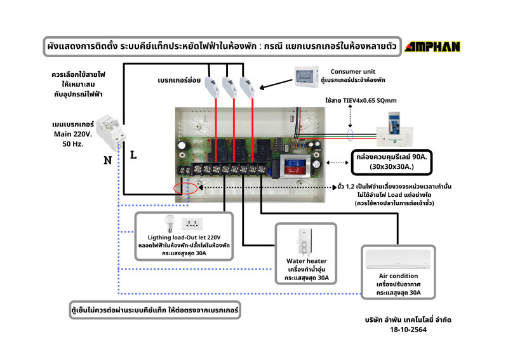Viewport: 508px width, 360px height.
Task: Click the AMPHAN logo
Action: (x=433, y=46)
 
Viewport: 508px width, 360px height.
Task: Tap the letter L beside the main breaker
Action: (x=133, y=154)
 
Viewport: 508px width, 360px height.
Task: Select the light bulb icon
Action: (x=169, y=222)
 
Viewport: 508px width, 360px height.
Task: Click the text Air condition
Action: (x=398, y=276)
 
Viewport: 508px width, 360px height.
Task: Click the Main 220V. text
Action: (x=77, y=134)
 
